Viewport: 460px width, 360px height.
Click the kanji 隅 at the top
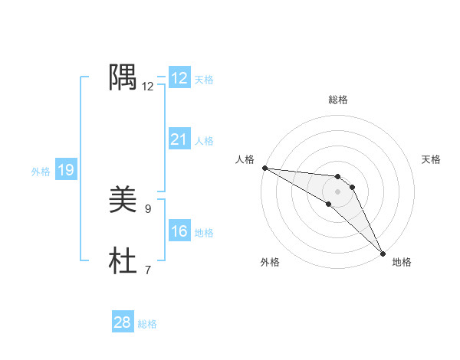[x=123, y=77]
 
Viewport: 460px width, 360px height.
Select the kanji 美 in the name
[x=123, y=201]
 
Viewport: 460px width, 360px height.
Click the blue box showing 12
[x=179, y=78]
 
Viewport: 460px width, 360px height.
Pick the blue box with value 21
[x=179, y=139]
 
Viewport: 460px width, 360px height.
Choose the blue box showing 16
[x=179, y=231]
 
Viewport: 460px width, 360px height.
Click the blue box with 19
[x=66, y=170]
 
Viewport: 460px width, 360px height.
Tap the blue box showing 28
[x=123, y=322]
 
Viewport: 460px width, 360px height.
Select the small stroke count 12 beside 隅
[x=147, y=86]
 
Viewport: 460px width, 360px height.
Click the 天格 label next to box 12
[x=204, y=80]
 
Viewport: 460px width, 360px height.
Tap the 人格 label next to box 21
[x=204, y=141]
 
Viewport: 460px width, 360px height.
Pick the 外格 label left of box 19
[x=41, y=172]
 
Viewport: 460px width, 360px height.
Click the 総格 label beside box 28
[x=147, y=324]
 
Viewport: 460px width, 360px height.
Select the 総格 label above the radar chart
[x=338, y=100]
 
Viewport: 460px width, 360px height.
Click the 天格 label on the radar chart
[x=431, y=159]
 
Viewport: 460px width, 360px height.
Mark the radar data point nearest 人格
[x=264, y=168]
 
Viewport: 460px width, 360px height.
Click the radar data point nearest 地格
[x=383, y=252]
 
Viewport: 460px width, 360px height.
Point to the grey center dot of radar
[x=338, y=191]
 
